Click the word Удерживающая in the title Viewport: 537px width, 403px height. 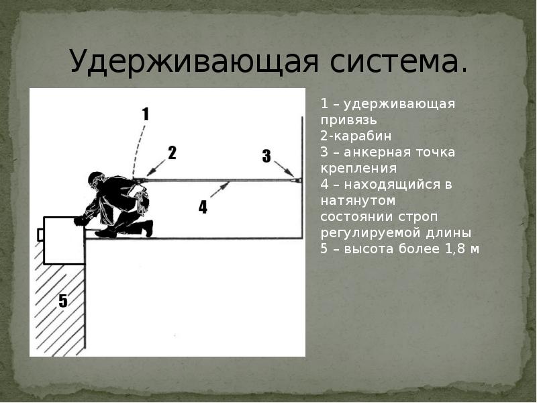[194, 61]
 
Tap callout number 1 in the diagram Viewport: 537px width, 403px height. [146, 114]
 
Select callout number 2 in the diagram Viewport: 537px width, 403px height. [172, 153]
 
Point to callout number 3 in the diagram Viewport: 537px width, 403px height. [266, 156]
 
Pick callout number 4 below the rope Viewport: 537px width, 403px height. [203, 207]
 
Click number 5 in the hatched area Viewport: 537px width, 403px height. [63, 301]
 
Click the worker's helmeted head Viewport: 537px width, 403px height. [96, 180]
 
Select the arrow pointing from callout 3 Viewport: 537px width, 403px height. [284, 169]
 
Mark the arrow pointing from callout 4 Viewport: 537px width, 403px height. [219, 190]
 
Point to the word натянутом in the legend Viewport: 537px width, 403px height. [358, 200]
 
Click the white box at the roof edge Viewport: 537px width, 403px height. [64, 240]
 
